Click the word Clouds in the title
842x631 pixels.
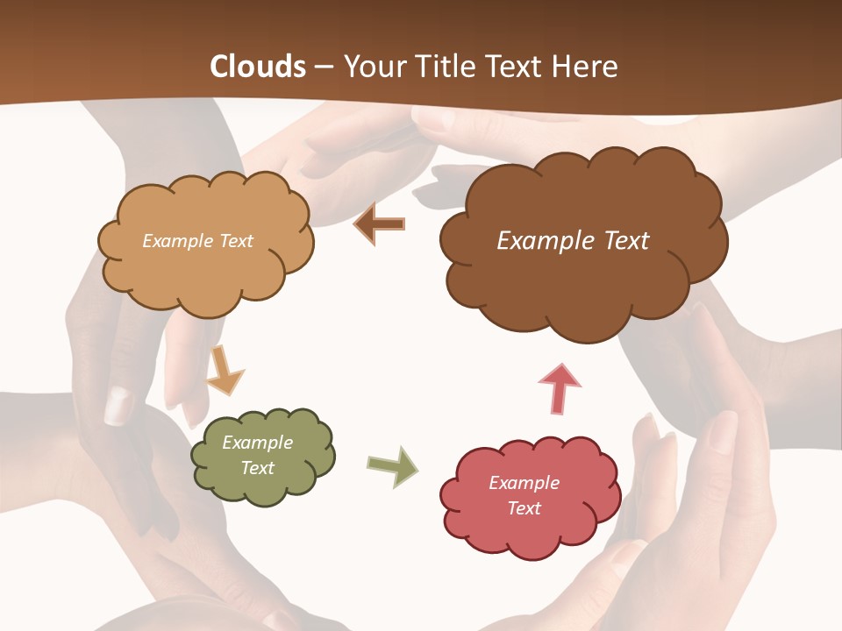coord(258,67)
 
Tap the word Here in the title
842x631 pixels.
coord(585,67)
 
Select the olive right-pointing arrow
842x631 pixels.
coord(392,465)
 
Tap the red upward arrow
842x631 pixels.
coord(560,388)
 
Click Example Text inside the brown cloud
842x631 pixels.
coord(573,241)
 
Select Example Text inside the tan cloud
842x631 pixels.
coord(197,241)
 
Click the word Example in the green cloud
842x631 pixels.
coord(257,443)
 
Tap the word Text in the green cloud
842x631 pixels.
coord(257,468)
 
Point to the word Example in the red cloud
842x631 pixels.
coord(524,483)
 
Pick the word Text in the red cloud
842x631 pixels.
coord(524,508)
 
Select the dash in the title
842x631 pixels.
coord(324,67)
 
